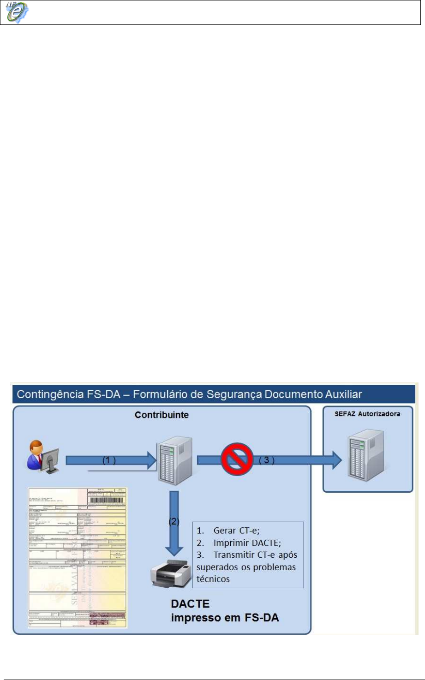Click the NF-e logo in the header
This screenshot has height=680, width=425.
click(17, 12)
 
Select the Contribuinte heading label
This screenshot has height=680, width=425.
click(162, 415)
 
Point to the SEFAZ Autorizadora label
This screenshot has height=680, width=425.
click(367, 414)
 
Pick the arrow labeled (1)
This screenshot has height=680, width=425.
click(111, 460)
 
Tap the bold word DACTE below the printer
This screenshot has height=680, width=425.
click(191, 604)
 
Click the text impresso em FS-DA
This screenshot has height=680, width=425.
click(225, 617)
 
